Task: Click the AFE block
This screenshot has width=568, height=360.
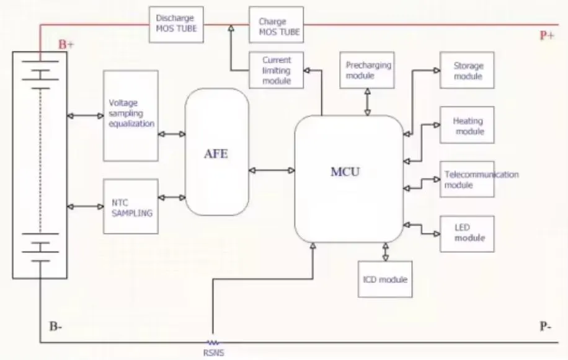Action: point(216,153)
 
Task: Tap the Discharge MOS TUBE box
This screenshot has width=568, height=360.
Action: point(176,24)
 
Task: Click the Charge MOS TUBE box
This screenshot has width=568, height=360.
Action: point(276,25)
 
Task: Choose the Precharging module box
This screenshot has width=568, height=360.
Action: point(368,70)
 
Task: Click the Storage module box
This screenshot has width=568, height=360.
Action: point(468,70)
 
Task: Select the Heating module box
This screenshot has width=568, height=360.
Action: point(468,126)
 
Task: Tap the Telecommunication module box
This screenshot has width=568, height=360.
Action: point(468,179)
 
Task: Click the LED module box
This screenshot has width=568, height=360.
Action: point(468,234)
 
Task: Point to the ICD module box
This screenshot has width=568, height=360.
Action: point(385,279)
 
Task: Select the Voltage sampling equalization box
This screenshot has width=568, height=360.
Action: point(131,115)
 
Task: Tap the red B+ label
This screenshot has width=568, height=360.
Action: point(66,45)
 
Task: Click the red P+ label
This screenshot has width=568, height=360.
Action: point(546,35)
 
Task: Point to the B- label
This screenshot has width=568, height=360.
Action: point(55,327)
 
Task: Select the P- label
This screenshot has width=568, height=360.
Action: point(546,327)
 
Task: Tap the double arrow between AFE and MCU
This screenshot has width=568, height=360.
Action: point(271,170)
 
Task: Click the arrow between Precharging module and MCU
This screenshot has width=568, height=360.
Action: point(368,101)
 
